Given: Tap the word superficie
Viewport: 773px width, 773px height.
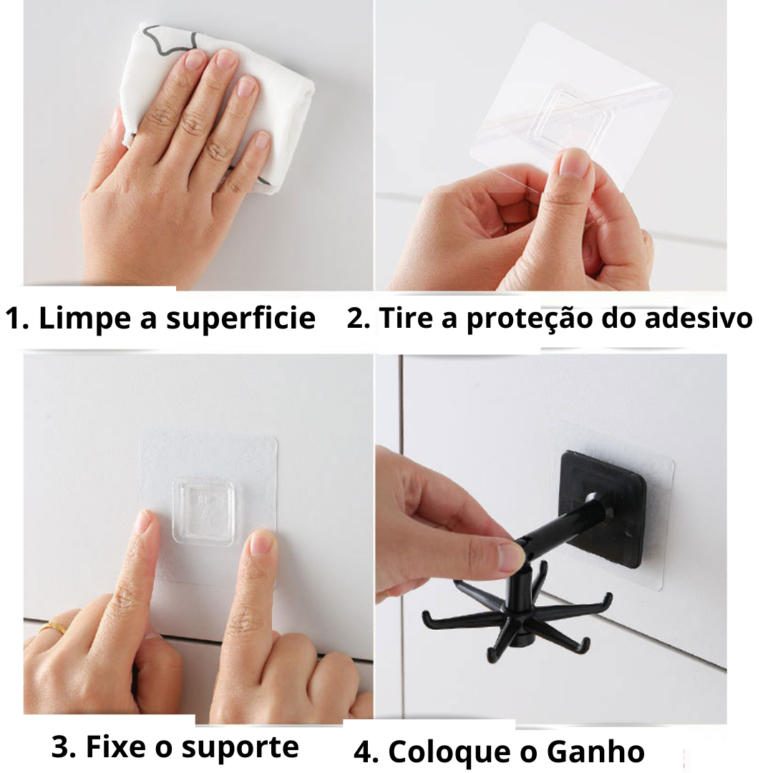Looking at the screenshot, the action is [240, 319].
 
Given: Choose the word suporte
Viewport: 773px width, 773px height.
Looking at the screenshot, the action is [240, 749].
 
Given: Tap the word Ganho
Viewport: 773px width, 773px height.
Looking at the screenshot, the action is [595, 752].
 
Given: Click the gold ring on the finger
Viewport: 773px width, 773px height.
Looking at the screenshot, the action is [54, 628].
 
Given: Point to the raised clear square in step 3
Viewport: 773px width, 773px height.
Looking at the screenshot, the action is [203, 511].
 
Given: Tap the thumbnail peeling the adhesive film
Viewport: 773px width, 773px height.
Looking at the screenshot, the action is [574, 162].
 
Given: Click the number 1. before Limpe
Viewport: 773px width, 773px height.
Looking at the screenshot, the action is [18, 318].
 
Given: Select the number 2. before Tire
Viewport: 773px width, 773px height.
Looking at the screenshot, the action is [359, 318].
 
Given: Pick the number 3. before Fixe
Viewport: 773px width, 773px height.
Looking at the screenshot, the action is [64, 747].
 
